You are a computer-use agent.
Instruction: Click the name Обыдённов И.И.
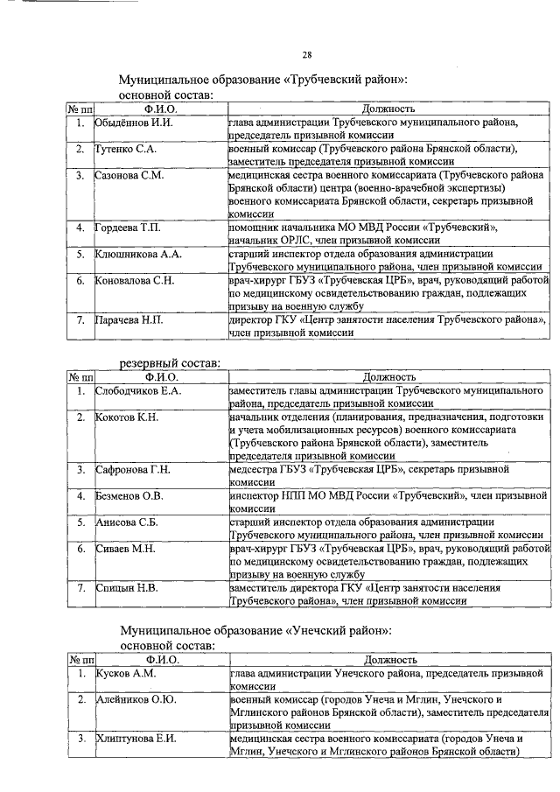pos(135,123)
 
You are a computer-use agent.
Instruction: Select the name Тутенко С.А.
pos(127,150)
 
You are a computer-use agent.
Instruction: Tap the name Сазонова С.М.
pos(129,176)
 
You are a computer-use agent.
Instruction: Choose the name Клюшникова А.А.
pos(138,255)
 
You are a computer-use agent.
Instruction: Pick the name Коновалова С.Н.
pos(136,281)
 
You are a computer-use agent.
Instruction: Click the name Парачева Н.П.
pos(131,320)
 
